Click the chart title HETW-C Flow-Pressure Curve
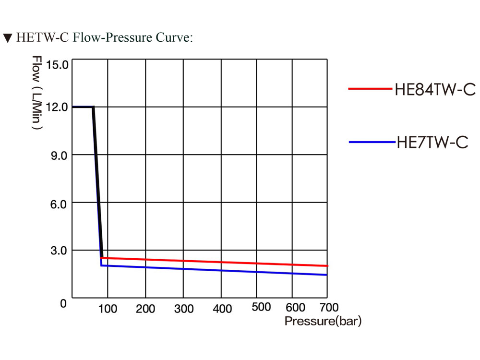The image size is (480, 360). (x=104, y=37)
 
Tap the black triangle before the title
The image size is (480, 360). (x=8, y=38)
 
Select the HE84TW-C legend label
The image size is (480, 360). (x=435, y=89)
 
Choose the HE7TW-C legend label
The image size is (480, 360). (x=432, y=143)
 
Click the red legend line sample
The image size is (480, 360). (x=370, y=89)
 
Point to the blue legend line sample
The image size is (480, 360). (x=372, y=142)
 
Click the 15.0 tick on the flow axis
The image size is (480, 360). (x=57, y=65)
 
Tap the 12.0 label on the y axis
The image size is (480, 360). (x=57, y=107)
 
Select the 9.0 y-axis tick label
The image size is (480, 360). (x=59, y=156)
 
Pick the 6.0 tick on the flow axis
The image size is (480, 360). (x=59, y=204)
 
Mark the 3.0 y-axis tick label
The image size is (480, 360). (x=59, y=251)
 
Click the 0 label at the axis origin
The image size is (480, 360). (x=63, y=303)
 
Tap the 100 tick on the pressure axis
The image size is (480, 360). (x=108, y=309)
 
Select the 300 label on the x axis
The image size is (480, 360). (x=184, y=309)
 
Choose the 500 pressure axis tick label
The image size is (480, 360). (x=261, y=307)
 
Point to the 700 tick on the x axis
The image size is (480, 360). (x=329, y=307)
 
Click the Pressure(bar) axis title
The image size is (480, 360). (x=323, y=321)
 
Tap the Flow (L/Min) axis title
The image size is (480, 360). (x=37, y=93)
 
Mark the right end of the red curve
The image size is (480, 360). (x=327, y=266)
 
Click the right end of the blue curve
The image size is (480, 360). (x=327, y=275)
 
